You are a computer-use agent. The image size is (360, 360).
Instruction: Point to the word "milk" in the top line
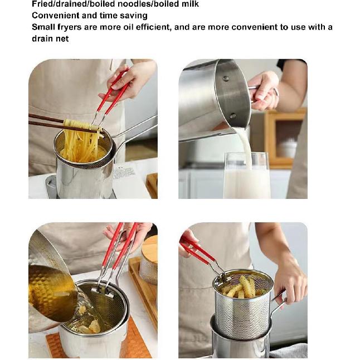188,4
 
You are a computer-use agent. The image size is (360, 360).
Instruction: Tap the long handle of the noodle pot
137,129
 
